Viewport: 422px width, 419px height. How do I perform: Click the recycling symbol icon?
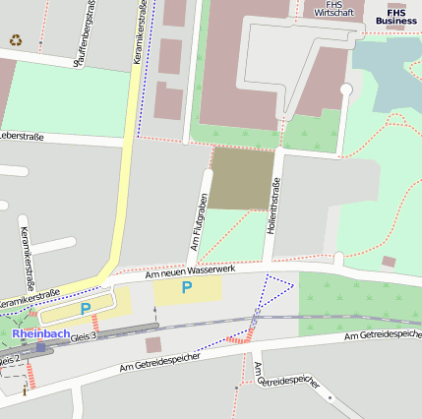15,40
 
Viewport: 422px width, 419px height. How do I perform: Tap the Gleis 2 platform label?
9,361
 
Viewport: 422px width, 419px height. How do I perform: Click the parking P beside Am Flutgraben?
185,288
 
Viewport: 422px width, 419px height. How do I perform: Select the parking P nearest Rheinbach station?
86,309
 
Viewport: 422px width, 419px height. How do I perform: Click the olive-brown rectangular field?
242,177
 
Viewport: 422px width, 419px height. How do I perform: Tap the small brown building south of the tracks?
152,345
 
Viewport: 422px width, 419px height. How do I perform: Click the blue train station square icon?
40,346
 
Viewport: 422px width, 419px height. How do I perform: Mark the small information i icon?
25,390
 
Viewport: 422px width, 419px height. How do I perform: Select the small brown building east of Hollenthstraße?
389,262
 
